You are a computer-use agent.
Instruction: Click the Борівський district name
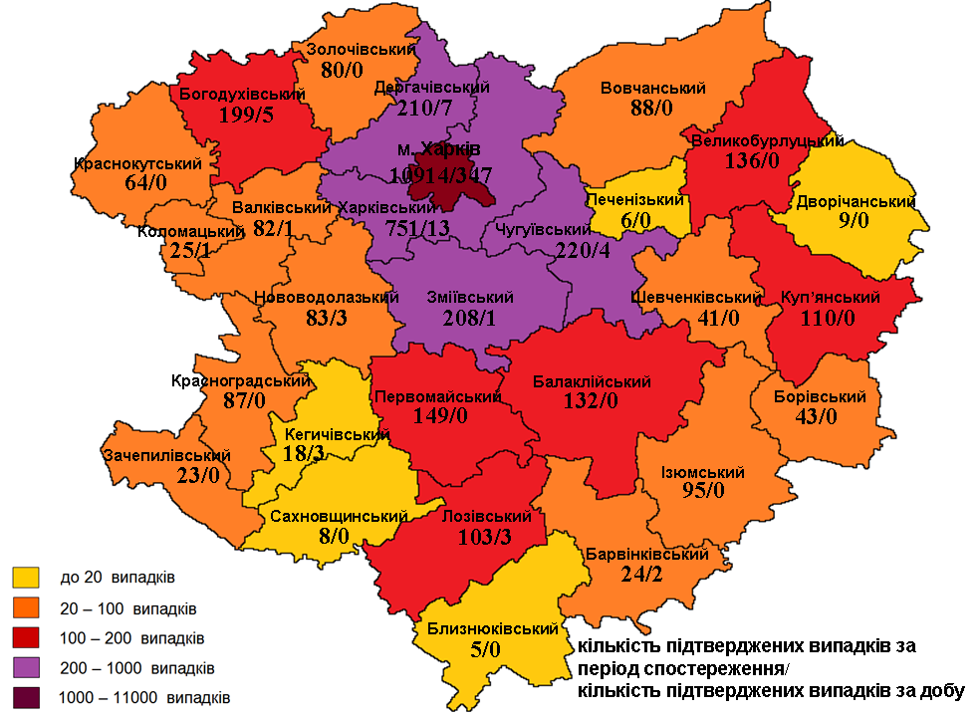point(820,396)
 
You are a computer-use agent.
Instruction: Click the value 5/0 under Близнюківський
point(496,649)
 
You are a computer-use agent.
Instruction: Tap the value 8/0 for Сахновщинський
point(333,537)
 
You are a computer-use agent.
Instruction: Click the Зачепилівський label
point(166,455)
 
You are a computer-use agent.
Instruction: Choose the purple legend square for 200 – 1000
point(26,667)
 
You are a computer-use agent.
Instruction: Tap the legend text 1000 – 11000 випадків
point(145,696)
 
